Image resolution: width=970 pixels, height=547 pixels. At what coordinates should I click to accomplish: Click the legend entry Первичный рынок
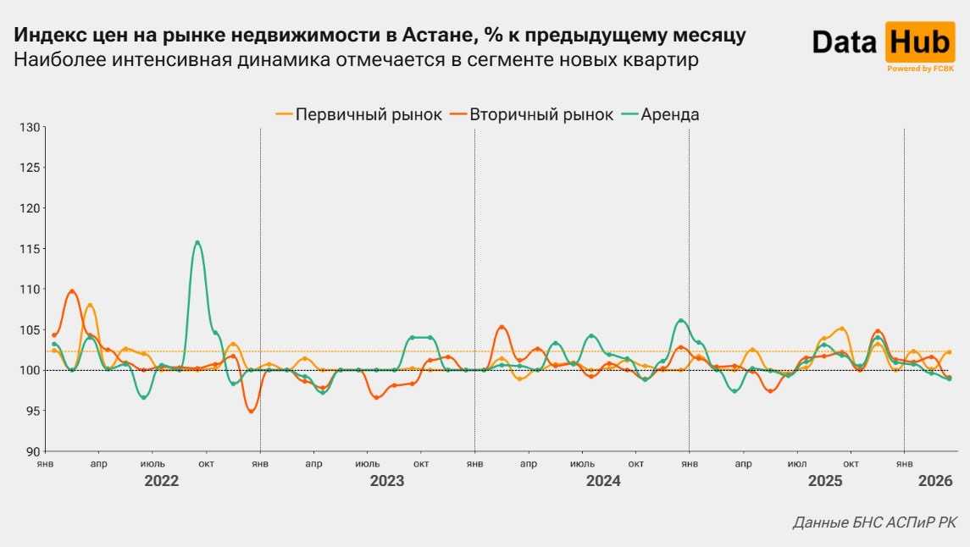(368, 114)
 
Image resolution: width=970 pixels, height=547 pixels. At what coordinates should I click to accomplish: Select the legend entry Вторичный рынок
(541, 114)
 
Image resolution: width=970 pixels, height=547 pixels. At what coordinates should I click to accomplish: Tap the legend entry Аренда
(669, 114)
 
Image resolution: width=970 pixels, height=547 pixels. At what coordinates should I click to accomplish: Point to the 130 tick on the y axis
(30, 127)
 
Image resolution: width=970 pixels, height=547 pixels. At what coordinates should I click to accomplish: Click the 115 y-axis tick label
(30, 249)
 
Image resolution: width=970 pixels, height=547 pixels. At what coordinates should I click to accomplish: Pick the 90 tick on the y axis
(33, 451)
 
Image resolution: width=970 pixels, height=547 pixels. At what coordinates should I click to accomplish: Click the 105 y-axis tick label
(30, 329)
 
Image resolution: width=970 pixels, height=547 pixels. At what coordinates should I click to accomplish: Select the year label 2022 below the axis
(161, 481)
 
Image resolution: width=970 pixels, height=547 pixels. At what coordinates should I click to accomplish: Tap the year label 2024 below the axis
(603, 481)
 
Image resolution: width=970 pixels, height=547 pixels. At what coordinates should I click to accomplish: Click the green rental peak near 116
(197, 242)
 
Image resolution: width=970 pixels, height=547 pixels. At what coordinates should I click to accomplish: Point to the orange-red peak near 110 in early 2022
(72, 291)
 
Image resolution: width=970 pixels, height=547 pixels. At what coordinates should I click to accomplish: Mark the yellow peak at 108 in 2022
(90, 305)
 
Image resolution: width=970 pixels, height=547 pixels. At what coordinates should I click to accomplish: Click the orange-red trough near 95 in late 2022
(251, 411)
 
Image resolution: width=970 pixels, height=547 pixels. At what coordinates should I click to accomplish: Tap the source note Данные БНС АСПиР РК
(874, 522)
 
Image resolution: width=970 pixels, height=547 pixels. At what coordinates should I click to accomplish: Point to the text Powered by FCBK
(921, 69)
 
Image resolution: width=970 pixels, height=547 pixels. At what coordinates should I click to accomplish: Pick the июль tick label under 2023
(367, 464)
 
